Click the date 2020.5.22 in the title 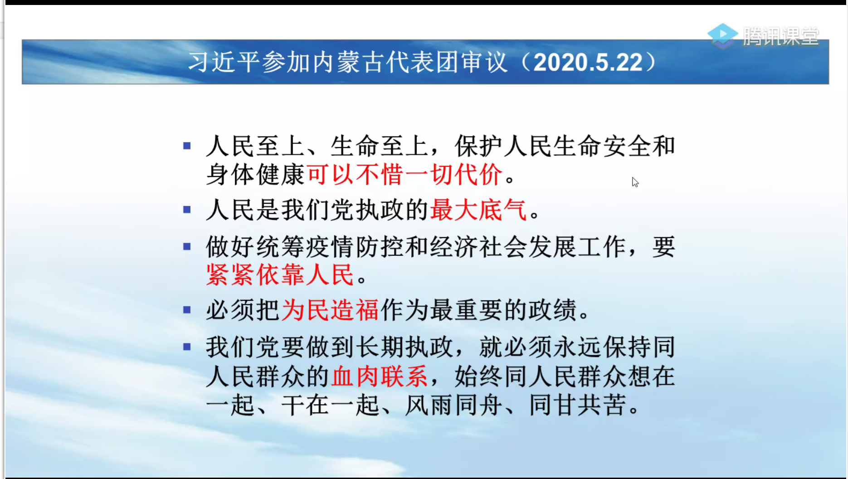point(588,62)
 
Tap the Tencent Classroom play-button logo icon point(722,35)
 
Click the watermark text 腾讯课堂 point(781,36)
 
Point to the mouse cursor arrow point(635,182)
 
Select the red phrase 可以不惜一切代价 point(405,174)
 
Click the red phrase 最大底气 point(478,210)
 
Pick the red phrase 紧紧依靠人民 point(280,274)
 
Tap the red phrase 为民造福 point(330,310)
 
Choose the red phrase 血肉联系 point(380,376)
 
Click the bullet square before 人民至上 point(187,146)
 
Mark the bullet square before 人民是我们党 point(187,210)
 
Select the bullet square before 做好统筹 point(187,246)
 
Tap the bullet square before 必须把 point(187,310)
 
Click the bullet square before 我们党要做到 point(187,347)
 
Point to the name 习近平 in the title point(224,62)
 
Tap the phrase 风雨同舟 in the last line point(453,405)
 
